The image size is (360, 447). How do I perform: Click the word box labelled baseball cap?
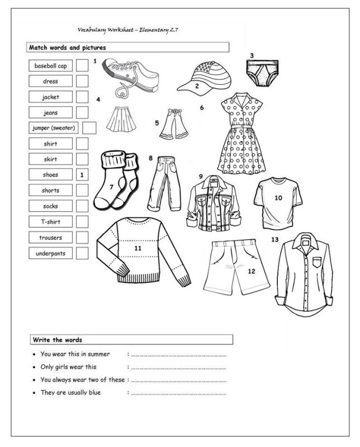[x=50, y=66]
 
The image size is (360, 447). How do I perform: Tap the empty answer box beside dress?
[x=82, y=82]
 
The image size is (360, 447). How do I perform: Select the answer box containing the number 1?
[x=82, y=175]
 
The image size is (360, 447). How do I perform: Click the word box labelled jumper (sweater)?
[x=54, y=128]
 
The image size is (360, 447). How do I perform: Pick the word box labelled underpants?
[x=50, y=253]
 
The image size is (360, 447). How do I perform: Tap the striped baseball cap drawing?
[x=201, y=76]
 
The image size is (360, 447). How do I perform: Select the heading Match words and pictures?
[x=68, y=48]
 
